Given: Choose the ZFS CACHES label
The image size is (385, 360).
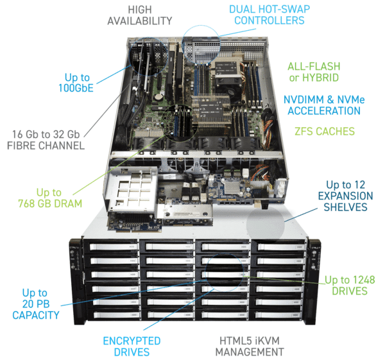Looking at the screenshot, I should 326,132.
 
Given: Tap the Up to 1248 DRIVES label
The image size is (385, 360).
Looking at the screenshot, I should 348,285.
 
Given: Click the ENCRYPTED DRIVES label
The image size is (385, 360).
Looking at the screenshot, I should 132,346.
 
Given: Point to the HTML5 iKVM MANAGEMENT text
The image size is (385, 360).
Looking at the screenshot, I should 249,346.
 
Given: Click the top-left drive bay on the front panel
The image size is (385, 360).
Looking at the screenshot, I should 103,246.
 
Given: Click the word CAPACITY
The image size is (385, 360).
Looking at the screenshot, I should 36,314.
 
